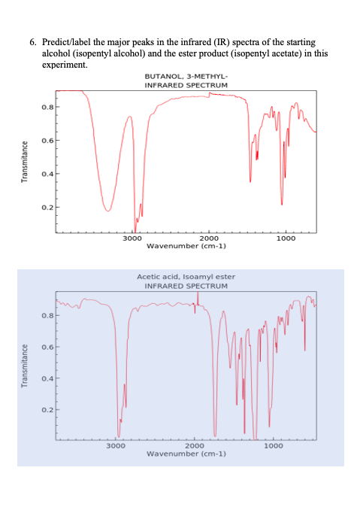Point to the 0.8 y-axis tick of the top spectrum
(x=47, y=107)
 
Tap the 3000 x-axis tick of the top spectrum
(x=132, y=238)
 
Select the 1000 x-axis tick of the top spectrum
(x=286, y=238)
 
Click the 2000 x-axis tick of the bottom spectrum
(x=194, y=447)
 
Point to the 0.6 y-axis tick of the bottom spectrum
(x=47, y=347)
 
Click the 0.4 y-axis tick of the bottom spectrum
(x=47, y=378)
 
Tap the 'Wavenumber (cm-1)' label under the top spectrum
(x=186, y=246)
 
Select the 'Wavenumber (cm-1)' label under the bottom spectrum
(x=186, y=454)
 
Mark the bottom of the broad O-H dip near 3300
(x=108, y=211)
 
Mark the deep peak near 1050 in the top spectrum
(x=282, y=204)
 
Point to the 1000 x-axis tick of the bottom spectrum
(x=274, y=447)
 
